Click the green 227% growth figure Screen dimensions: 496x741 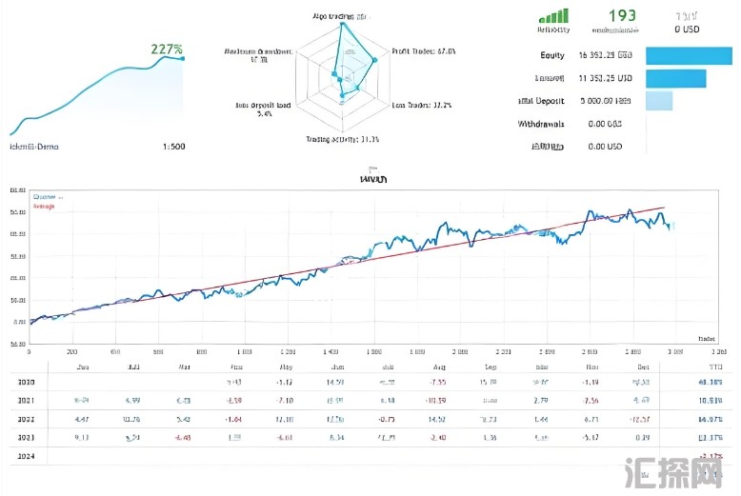(x=166, y=50)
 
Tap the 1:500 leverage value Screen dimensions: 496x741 (x=173, y=147)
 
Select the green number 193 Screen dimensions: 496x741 (x=621, y=16)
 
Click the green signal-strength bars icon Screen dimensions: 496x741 (x=553, y=15)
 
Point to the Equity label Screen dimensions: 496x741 (x=551, y=54)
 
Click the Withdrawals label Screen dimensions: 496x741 (x=541, y=124)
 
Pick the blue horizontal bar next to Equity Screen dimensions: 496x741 (x=689, y=55)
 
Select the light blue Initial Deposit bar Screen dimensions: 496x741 (x=659, y=101)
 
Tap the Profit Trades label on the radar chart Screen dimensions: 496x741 (x=424, y=51)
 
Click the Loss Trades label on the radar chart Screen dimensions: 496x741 (x=422, y=105)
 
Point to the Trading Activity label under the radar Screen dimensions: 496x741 (x=342, y=140)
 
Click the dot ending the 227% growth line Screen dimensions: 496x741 (x=183, y=58)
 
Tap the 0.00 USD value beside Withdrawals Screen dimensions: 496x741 (x=605, y=124)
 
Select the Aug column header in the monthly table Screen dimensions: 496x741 (x=438, y=366)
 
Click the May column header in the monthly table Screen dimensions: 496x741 (x=285, y=366)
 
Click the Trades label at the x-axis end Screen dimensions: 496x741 (x=707, y=338)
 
